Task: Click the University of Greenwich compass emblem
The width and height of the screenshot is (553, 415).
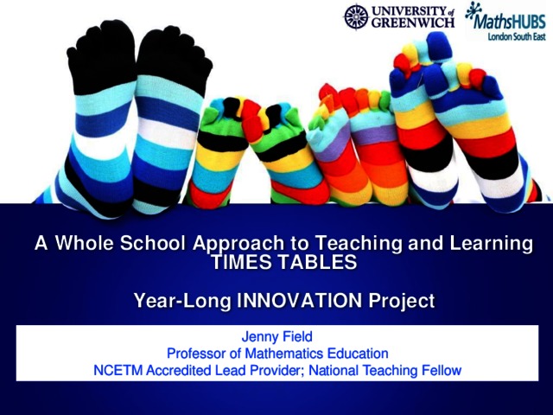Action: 357,16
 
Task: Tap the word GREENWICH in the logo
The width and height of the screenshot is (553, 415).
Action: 413,22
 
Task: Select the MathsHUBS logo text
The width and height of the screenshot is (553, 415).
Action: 509,22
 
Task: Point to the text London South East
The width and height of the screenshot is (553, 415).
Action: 517,36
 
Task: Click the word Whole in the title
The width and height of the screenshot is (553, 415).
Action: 85,243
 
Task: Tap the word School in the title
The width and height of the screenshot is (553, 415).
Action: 153,243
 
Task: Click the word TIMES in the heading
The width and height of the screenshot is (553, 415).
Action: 241,262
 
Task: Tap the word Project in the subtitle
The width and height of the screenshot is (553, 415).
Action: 401,302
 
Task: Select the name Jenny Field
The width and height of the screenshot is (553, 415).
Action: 276,336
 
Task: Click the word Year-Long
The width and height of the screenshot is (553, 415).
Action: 182,302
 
